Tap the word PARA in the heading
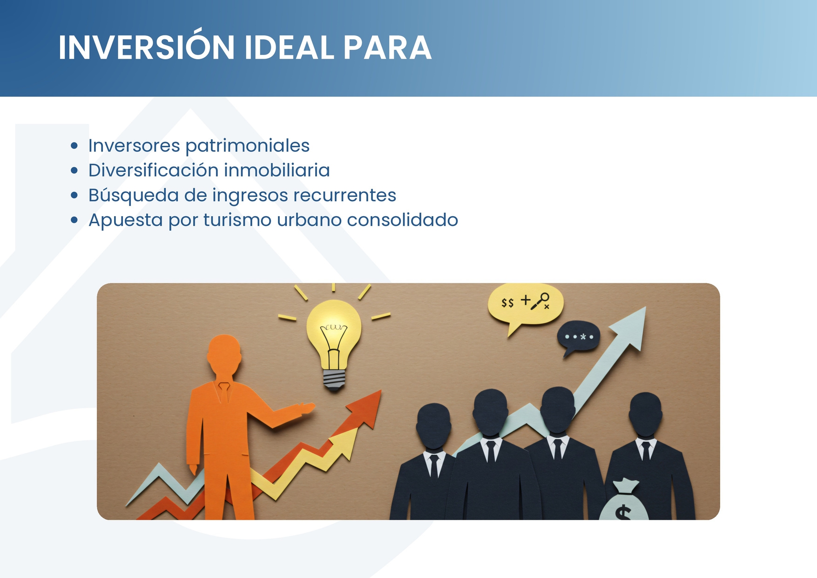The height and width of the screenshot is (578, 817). pos(387,48)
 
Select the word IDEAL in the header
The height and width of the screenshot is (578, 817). pos(289,48)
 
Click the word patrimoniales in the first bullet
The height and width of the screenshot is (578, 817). pos(247,146)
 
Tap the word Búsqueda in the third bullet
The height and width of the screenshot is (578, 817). pos(134,195)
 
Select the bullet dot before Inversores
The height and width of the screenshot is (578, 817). pos(74,146)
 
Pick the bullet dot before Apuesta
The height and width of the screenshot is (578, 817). pos(74,220)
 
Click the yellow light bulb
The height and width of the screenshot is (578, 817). pos(334,342)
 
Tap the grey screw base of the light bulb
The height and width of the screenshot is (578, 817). pos(334,379)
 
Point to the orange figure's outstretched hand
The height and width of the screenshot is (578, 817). pos(307,408)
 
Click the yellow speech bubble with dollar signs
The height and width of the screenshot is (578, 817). pos(525,305)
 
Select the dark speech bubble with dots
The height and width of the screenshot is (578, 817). pos(579,338)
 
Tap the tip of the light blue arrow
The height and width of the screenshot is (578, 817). pos(646,307)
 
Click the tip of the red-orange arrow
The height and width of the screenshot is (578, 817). pos(381,391)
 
